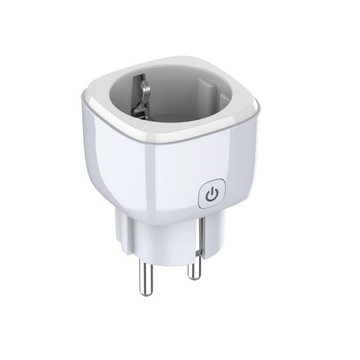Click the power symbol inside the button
tap(212, 195)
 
